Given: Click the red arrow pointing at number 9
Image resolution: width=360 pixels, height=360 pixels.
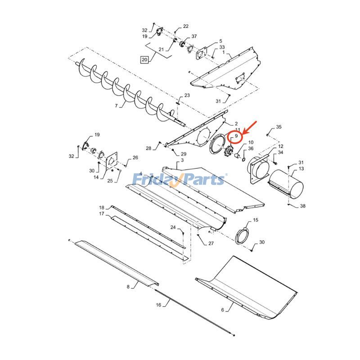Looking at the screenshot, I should click(x=249, y=126).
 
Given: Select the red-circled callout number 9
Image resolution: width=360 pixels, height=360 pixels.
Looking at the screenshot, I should click(x=235, y=136).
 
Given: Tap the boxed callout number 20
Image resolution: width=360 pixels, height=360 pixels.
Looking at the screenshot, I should click(x=144, y=59).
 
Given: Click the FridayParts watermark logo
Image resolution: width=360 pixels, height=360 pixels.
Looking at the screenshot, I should click(x=179, y=180).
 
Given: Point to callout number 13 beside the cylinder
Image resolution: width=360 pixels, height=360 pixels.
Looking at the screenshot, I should click(x=301, y=168).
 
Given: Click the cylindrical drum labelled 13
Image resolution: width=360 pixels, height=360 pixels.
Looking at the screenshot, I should click(x=286, y=183).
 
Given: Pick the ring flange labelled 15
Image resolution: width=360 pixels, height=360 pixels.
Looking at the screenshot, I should click(x=244, y=235).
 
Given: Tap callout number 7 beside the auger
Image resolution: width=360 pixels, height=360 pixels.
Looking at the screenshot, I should click(x=117, y=106).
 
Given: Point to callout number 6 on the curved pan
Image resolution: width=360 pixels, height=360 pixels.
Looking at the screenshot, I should click(x=222, y=310).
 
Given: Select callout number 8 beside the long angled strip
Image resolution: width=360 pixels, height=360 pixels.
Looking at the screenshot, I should click(x=128, y=286).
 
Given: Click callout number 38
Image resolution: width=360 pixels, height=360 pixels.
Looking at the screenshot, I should click(x=302, y=206).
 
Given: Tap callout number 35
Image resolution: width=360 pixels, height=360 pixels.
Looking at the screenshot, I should click(x=279, y=127).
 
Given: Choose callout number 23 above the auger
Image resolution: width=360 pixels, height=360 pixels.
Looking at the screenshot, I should click(x=187, y=95).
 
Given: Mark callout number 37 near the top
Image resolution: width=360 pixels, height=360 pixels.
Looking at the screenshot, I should click(x=194, y=36).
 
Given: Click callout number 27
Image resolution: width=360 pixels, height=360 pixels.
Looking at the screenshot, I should click(x=211, y=243).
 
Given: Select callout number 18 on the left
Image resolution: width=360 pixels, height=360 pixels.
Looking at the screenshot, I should click(x=102, y=207).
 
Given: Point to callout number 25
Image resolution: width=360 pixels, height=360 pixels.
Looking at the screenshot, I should click(x=110, y=180).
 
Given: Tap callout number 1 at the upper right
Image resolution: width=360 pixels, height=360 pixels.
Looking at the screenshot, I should click(x=223, y=52).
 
